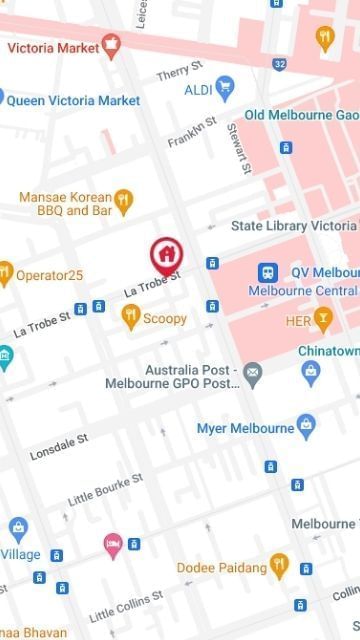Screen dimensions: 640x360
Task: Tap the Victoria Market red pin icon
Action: pyautogui.click(x=111, y=45)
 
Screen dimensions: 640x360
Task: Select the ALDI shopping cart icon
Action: pyautogui.click(x=225, y=89)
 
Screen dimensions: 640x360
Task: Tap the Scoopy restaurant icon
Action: pyautogui.click(x=130, y=317)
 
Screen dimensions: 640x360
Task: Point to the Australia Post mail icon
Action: pyautogui.click(x=253, y=375)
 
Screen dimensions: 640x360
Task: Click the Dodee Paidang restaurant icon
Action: pyautogui.click(x=279, y=566)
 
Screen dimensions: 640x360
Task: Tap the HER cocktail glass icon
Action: pyautogui.click(x=323, y=319)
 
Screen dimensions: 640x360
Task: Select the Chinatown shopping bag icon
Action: pyautogui.click(x=311, y=373)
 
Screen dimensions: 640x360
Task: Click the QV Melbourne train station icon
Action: pyautogui.click(x=268, y=272)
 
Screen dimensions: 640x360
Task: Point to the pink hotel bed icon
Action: pyautogui.click(x=113, y=545)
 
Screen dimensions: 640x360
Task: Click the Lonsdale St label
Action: pyautogui.click(x=59, y=445)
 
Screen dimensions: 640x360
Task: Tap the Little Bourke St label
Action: pyautogui.click(x=105, y=488)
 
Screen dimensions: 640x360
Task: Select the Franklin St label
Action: pyautogui.click(x=192, y=133)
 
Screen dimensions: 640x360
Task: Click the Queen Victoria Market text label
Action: pyautogui.click(x=74, y=100)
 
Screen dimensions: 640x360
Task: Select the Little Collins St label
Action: pyautogui.click(x=126, y=605)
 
